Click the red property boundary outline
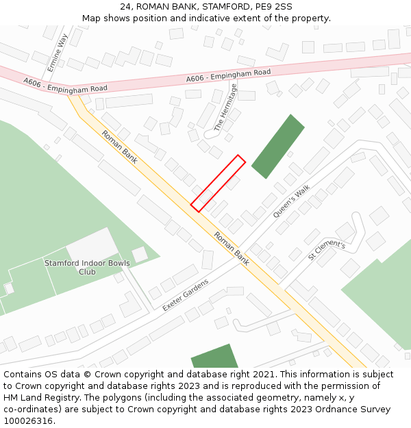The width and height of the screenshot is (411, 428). [x=218, y=183]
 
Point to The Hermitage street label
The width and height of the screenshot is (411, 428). [x=226, y=108]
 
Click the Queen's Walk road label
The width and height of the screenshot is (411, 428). [x=292, y=201]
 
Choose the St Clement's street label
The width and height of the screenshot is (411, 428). [x=327, y=250]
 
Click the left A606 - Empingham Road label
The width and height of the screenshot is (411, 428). [x=65, y=85]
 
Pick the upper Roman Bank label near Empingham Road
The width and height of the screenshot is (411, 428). [x=119, y=147]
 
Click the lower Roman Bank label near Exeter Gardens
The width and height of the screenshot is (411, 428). [x=232, y=248]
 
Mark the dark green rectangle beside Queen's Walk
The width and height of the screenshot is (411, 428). [x=277, y=146]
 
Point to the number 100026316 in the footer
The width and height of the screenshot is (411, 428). [x=28, y=420]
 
